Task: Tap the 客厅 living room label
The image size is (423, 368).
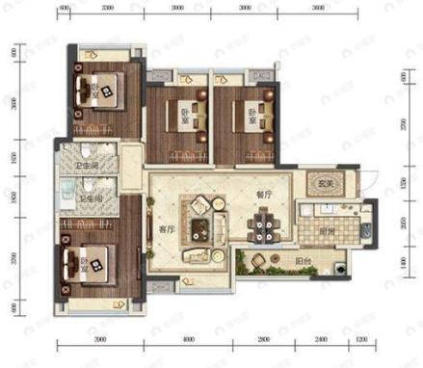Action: point(164,231)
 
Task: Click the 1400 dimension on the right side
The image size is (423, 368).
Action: point(405,261)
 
